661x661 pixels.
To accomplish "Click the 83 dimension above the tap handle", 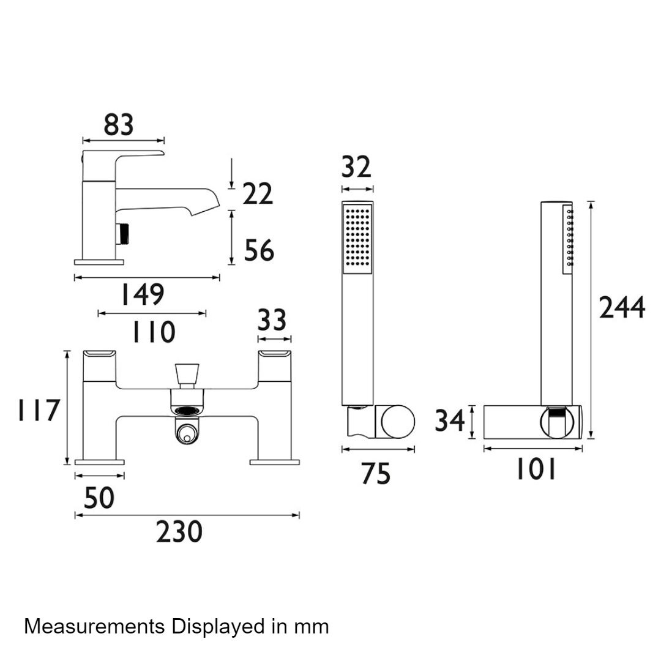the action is tap(119, 125).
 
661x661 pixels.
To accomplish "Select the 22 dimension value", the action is tap(258, 195).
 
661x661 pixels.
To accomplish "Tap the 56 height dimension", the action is tap(259, 250).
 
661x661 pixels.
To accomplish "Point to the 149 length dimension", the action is tap(143, 294).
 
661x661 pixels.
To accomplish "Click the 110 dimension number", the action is tap(154, 332).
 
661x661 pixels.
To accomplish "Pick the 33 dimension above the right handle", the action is tap(272, 320).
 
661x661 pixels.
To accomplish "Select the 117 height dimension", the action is tap(39, 410).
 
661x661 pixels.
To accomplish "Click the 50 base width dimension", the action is tap(99, 498).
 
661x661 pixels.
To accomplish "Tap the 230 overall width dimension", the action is tap(179, 532).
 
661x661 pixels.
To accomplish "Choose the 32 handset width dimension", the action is tap(356, 167).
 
